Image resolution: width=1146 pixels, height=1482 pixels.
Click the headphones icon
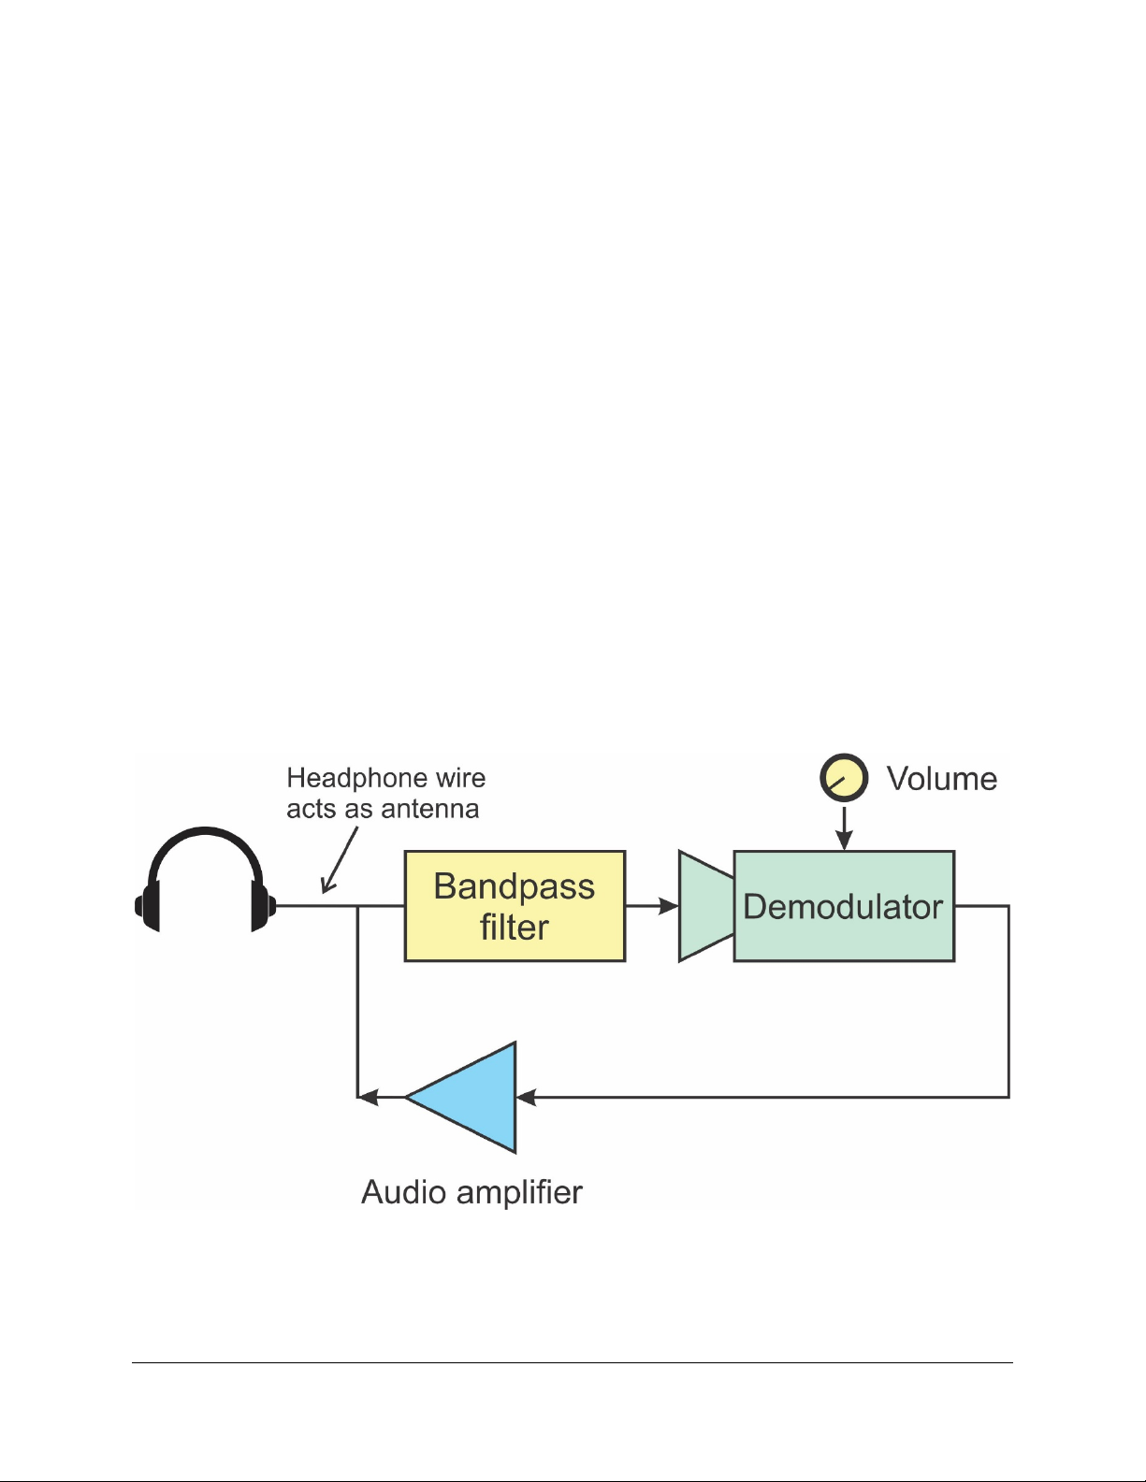click(206, 879)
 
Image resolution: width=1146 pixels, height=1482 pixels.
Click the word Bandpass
click(514, 886)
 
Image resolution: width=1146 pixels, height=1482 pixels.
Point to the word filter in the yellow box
click(514, 928)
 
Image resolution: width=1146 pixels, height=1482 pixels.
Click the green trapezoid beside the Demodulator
click(704, 905)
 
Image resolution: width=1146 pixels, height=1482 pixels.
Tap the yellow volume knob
click(844, 779)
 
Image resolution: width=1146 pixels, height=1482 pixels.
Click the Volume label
click(941, 779)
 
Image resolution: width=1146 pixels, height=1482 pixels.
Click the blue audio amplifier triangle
click(472, 1097)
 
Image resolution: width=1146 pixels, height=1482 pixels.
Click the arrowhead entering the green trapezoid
click(669, 905)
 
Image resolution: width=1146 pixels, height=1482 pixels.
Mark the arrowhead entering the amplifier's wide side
click(527, 1097)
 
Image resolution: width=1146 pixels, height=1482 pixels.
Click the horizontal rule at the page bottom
click(572, 1362)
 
